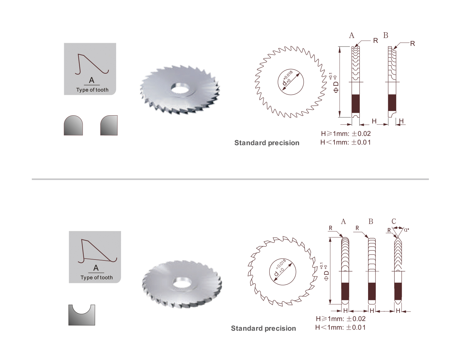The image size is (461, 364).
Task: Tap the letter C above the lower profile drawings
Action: (x=394, y=221)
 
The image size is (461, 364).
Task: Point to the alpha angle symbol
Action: (x=406, y=230)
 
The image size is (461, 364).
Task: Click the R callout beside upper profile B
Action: (x=413, y=44)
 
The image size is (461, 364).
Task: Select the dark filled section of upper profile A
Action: (x=356, y=104)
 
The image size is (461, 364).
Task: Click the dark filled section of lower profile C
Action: (x=398, y=291)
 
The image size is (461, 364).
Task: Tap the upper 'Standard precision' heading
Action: (x=267, y=143)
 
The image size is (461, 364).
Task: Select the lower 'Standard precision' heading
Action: (x=263, y=328)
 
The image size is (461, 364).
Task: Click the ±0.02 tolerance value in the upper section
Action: (x=361, y=134)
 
